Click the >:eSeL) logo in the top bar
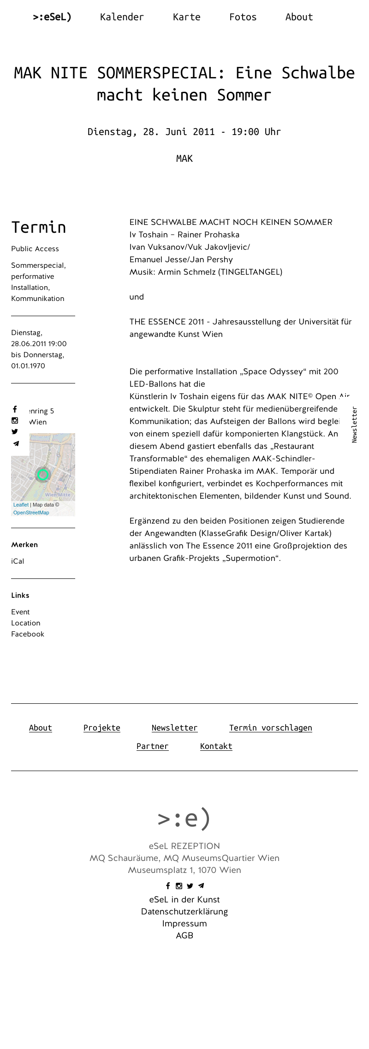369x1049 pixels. (52, 17)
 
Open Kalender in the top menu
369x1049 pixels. (122, 17)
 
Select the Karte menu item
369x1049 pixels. (186, 17)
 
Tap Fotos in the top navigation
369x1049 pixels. (243, 17)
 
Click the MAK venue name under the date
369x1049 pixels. (184, 159)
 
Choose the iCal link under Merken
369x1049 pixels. (18, 561)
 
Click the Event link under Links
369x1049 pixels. (20, 612)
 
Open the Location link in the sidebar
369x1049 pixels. (26, 623)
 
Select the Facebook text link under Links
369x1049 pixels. (28, 634)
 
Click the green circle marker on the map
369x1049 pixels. (43, 474)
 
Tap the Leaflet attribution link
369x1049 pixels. (21, 505)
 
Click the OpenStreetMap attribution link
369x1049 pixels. (31, 513)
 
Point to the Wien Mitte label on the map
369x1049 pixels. (58, 495)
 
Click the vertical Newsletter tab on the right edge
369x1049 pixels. (354, 424)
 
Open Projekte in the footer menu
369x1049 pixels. (101, 728)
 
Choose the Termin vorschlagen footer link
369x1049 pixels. (270, 728)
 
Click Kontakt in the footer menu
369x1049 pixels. (216, 746)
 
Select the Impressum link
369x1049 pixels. (184, 924)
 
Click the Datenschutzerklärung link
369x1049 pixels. (184, 912)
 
